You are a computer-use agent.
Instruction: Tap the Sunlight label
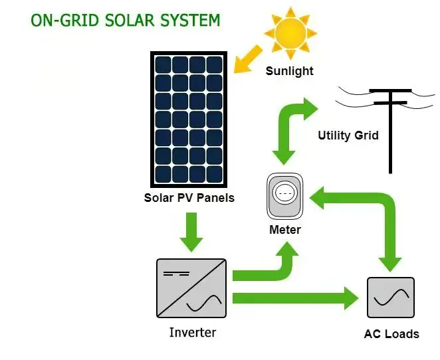point(290,70)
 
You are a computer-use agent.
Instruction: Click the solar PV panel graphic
point(189,120)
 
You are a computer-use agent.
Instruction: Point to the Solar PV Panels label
point(189,198)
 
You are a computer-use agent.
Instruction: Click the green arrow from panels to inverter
point(191,230)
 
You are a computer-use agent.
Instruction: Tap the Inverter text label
point(192,332)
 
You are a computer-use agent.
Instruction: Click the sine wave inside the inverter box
point(203,304)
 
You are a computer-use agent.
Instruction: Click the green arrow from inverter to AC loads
point(292,297)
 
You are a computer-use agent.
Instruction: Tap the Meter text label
point(284,230)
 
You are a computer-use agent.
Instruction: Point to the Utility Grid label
point(348,135)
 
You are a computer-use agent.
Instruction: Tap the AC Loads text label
point(391,333)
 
